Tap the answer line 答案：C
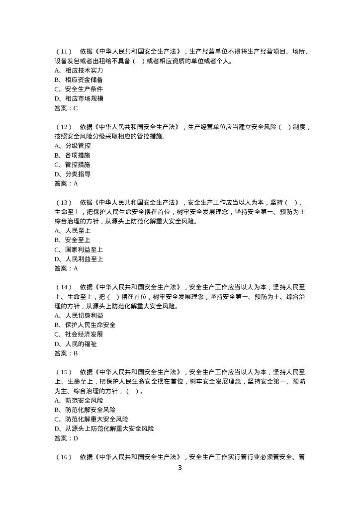pyautogui.click(x=66, y=108)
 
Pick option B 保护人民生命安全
pyautogui.click(x=85, y=325)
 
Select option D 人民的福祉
pyautogui.click(x=76, y=344)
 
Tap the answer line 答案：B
pyautogui.click(x=66, y=353)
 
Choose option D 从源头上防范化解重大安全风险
pyautogui.click(x=104, y=428)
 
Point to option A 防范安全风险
pyautogui.click(x=79, y=400)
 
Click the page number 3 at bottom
pyautogui.click(x=180, y=468)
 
